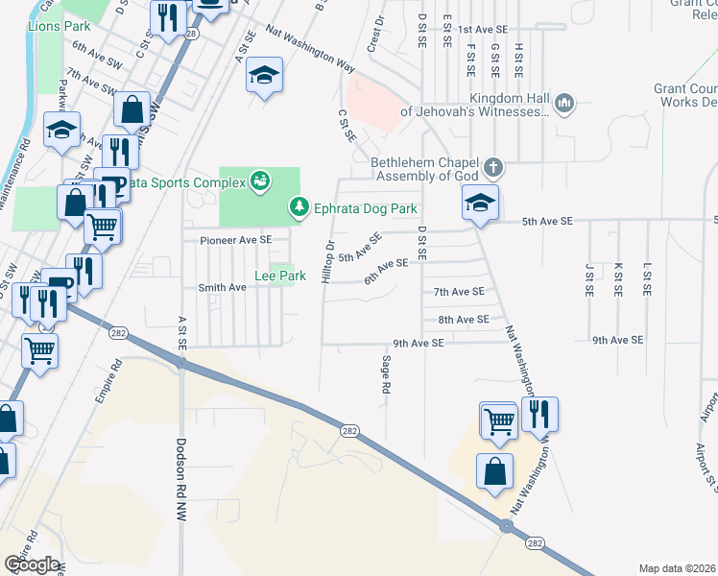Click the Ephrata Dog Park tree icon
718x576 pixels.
tap(299, 207)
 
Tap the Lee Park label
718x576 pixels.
tap(279, 276)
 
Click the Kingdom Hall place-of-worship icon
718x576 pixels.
tap(564, 102)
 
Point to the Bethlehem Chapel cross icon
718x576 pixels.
tap(492, 168)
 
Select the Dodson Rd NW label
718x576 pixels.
tap(180, 480)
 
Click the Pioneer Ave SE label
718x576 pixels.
tap(235, 239)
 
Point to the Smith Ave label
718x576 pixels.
tap(222, 287)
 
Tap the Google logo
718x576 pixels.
tap(31, 564)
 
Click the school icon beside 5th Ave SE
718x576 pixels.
tap(480, 203)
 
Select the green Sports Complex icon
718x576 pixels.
tap(258, 180)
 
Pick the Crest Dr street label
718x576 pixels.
tap(375, 34)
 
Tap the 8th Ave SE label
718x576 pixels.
tap(464, 319)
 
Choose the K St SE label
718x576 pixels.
tap(617, 278)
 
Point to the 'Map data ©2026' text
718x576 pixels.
tap(677, 568)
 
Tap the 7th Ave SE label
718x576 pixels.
tap(459, 291)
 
